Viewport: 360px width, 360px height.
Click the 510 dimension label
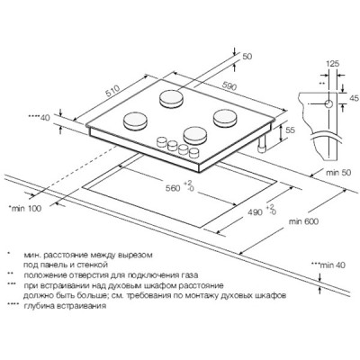tap(112, 91)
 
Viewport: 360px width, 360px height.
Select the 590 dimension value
tap(229, 85)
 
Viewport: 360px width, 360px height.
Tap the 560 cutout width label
tap(173, 188)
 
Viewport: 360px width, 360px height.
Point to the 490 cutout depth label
tap(255, 212)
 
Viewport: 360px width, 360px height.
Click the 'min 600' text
tap(303, 221)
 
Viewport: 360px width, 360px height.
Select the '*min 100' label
tap(25, 208)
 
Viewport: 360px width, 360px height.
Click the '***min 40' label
tap(328, 265)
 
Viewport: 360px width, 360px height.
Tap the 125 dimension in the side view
tap(332, 64)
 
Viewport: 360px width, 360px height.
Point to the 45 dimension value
tap(355, 98)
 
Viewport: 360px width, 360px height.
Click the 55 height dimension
tap(291, 130)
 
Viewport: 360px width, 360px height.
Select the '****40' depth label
tap(40, 118)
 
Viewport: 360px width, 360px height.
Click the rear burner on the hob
tap(171, 98)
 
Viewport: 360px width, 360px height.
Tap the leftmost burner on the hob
tap(136, 121)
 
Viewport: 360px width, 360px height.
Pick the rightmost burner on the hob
tap(225, 117)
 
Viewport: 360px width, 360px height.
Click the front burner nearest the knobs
tap(195, 135)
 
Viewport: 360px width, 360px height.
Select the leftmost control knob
tap(162, 141)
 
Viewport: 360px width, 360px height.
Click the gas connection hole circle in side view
tap(329, 104)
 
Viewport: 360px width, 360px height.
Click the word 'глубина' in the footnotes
tap(38, 306)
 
